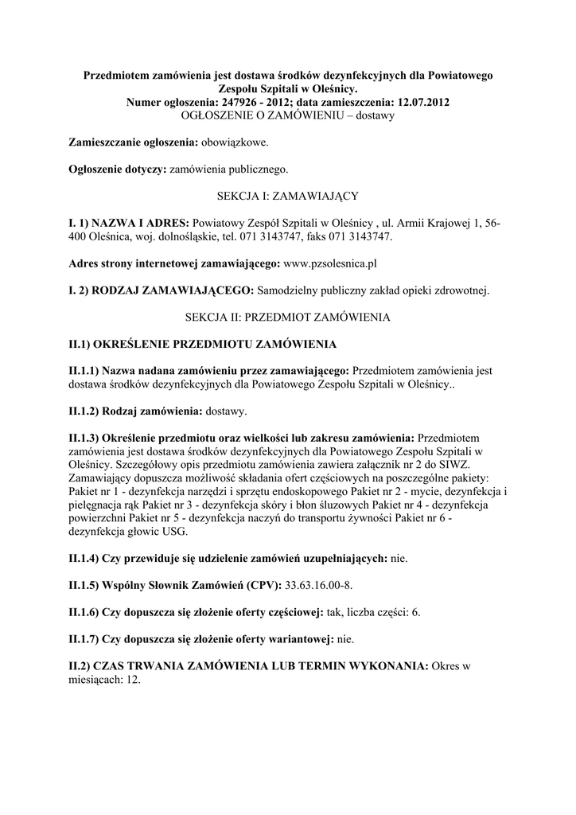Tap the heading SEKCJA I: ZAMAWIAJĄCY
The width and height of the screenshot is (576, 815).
pyautogui.click(x=288, y=195)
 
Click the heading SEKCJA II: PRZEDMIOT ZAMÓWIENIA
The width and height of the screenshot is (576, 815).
pyautogui.click(x=288, y=317)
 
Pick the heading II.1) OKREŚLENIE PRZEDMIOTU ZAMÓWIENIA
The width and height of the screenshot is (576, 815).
pyautogui.click(x=203, y=345)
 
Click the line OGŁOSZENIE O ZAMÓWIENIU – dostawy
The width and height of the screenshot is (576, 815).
pyautogui.click(x=288, y=115)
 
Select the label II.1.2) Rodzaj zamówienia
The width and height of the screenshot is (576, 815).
pyautogui.click(x=135, y=411)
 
